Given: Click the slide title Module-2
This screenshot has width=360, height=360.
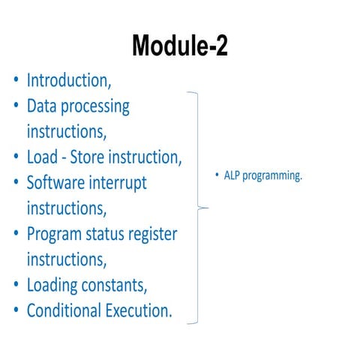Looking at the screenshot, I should coord(180,46).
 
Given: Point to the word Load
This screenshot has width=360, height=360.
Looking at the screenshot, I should coord(44,157).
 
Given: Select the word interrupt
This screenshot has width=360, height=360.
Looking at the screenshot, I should coord(121,182).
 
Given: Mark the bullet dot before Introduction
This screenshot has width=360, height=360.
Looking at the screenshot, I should coord(16,81).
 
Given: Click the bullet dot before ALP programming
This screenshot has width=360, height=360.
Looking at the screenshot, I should coord(217,176).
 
